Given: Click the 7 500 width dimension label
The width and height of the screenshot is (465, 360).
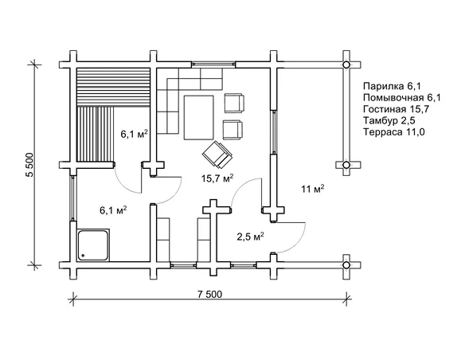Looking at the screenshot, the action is click(209, 295).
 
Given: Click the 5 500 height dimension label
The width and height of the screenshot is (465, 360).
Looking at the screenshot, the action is click(30, 165).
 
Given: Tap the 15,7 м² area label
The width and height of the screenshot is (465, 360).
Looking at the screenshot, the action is click(217, 178).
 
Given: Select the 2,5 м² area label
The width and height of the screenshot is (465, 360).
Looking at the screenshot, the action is click(250, 237).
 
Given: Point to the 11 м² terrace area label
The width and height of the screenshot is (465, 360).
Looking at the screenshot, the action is click(313, 189).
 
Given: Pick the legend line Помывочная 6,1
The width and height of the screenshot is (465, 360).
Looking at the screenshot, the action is click(402, 97).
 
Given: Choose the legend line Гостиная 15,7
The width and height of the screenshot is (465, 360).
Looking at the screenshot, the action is click(397, 109).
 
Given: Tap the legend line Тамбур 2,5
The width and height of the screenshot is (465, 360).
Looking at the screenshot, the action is click(389, 120).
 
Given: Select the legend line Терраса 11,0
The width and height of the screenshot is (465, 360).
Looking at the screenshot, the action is click(394, 131).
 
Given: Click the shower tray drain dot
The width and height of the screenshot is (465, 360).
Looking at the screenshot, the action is click(83, 255).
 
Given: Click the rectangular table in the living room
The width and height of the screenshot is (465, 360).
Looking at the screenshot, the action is click(199, 117).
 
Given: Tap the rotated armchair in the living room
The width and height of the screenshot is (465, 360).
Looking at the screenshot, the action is click(217, 155).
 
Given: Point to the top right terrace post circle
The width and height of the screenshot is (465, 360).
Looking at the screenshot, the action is click(346, 65).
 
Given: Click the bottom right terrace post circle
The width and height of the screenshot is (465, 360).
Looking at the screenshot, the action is click(346, 264).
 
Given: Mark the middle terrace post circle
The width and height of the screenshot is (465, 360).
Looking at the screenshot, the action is click(346, 165).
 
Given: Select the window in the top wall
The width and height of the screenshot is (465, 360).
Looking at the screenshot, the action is click(213, 64).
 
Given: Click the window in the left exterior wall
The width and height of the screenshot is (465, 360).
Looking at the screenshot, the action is click(73, 198).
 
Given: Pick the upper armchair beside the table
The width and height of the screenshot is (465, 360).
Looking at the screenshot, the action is click(234, 104).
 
